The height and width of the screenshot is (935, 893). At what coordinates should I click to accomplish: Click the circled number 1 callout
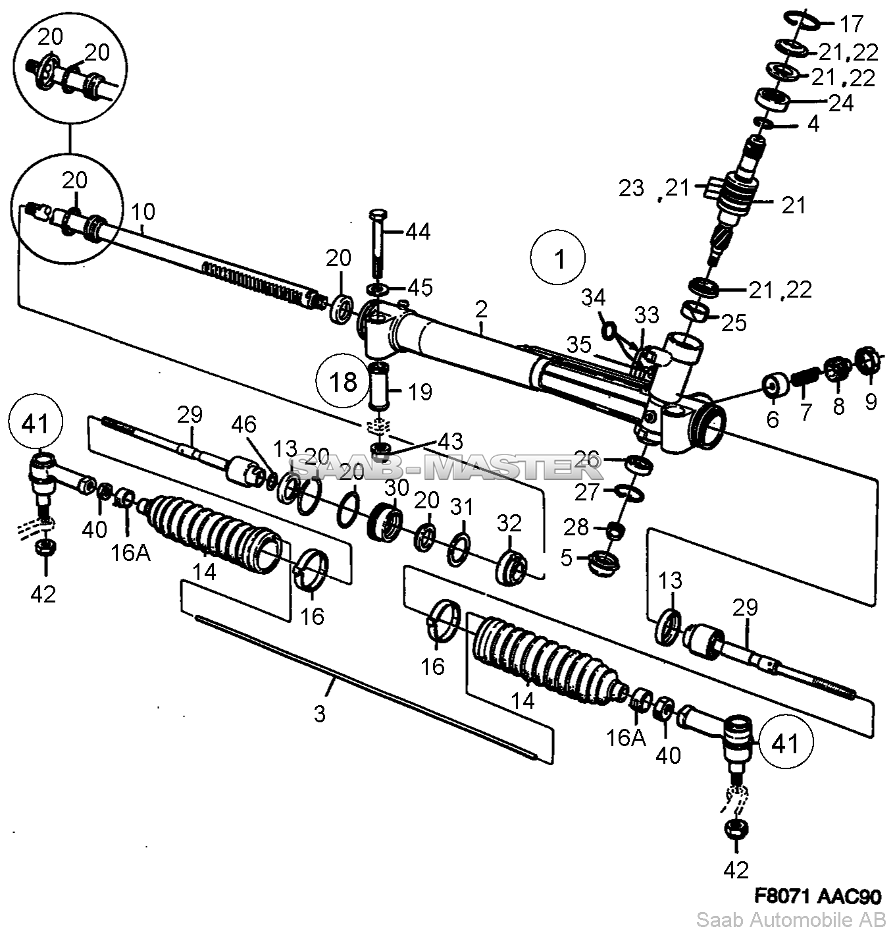click(x=558, y=257)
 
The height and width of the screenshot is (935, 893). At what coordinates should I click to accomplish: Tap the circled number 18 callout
click(x=344, y=382)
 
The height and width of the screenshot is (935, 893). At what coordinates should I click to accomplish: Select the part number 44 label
click(x=418, y=232)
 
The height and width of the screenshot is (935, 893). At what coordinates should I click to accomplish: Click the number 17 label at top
click(x=852, y=24)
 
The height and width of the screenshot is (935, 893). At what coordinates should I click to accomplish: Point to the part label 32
click(x=509, y=523)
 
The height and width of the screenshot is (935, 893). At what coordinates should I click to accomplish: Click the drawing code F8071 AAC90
click(x=817, y=897)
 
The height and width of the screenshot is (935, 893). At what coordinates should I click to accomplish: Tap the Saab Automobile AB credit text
click(x=791, y=920)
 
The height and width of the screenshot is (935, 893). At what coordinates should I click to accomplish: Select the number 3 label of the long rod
click(x=320, y=714)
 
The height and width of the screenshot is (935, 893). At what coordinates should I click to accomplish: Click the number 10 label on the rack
click(x=143, y=211)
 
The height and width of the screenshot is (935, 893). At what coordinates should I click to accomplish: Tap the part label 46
click(x=244, y=424)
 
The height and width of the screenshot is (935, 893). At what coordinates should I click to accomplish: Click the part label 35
click(x=578, y=344)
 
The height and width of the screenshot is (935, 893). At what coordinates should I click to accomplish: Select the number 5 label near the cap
click(x=567, y=558)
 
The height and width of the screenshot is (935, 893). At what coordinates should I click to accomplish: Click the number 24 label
click(x=841, y=103)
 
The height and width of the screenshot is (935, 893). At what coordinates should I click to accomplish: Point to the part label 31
click(x=462, y=508)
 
